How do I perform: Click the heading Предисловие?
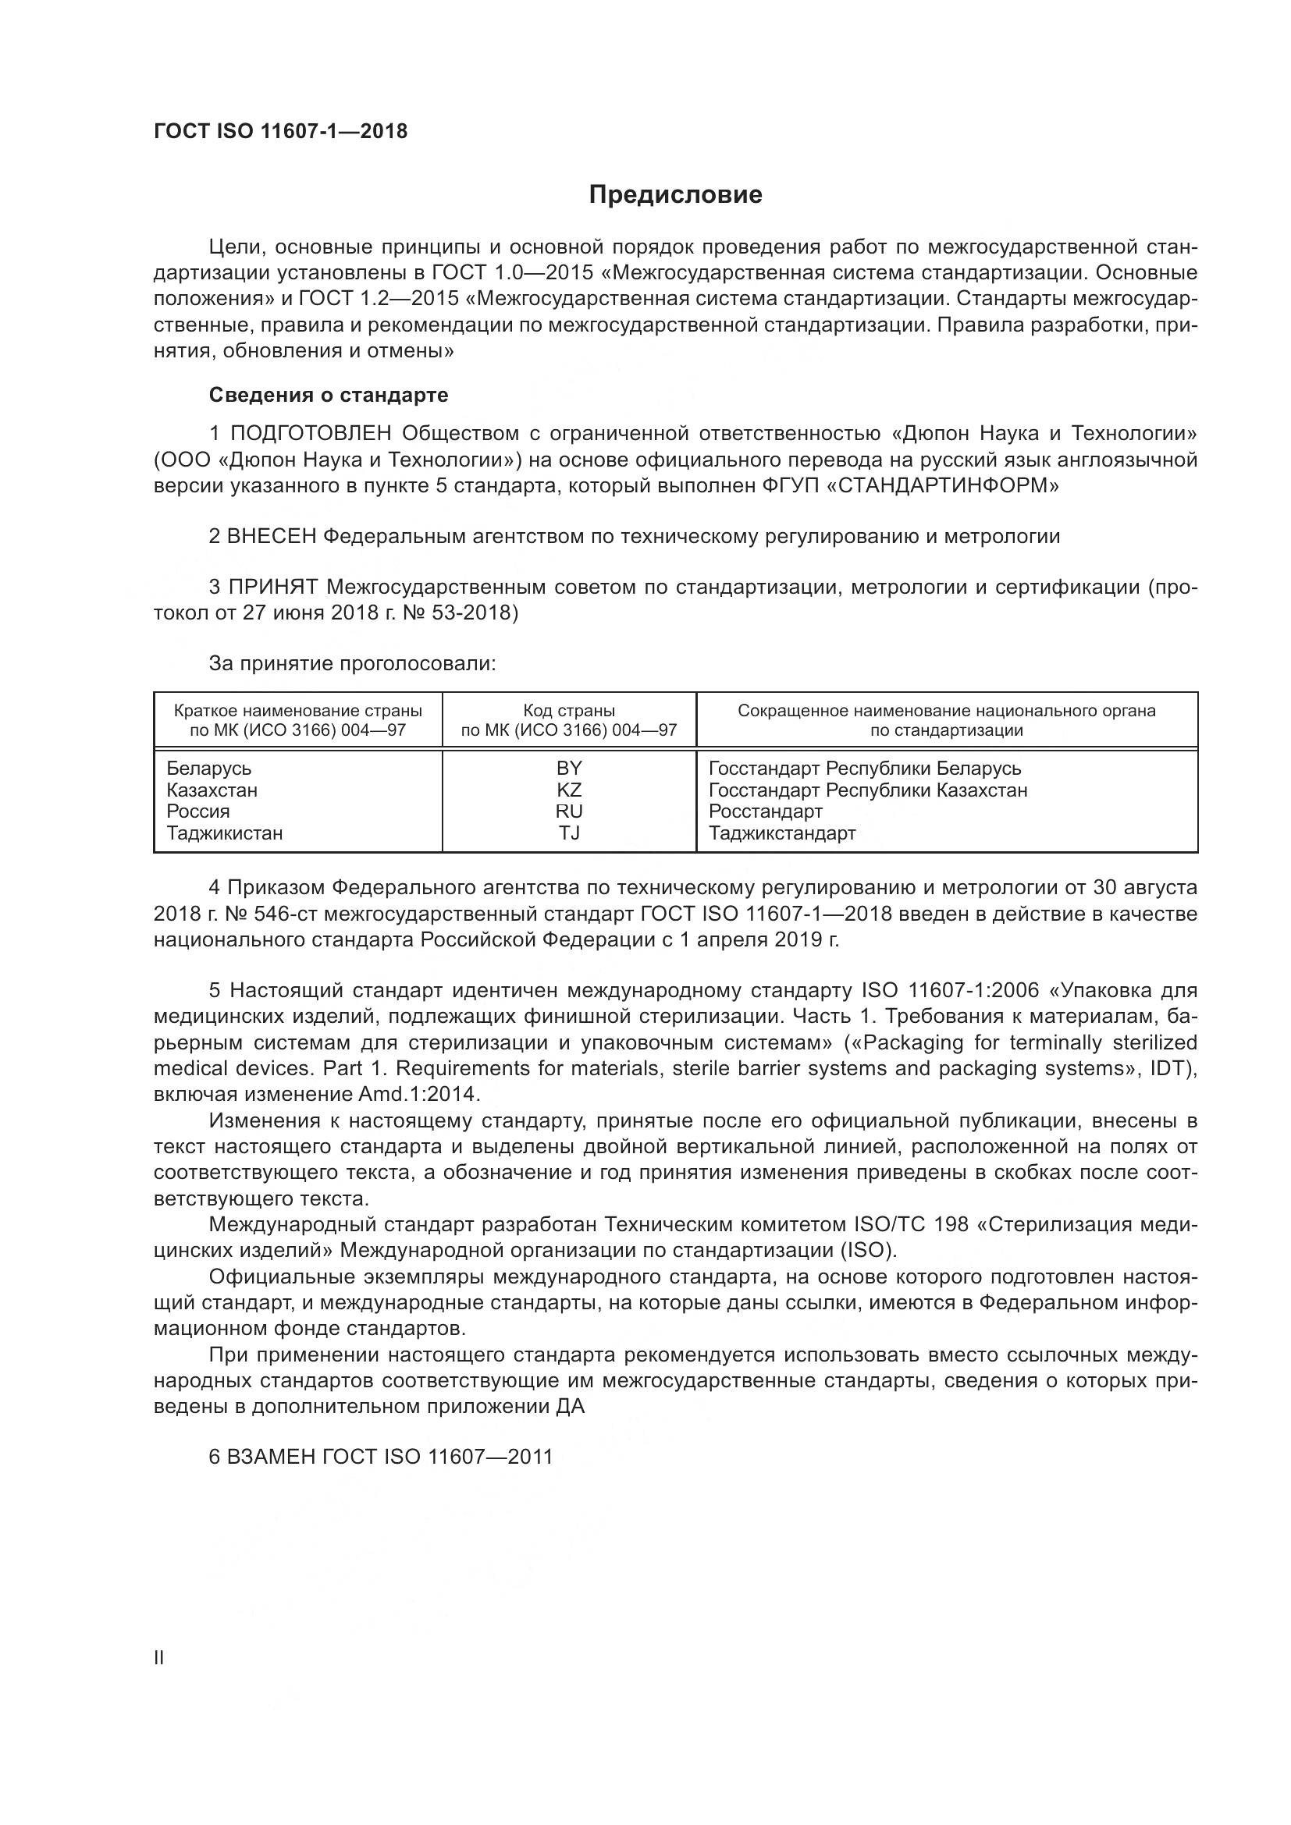(675, 195)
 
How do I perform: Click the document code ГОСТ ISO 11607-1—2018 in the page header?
(280, 131)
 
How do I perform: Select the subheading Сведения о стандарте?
(329, 395)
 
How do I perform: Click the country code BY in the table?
(569, 769)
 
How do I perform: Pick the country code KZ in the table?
(569, 790)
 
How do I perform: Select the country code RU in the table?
(569, 811)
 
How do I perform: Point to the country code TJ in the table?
(569, 833)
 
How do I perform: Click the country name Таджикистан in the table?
(224, 833)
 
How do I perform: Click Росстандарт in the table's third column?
(766, 811)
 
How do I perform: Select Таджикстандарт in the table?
(782, 833)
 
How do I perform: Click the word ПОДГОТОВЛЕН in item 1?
(311, 433)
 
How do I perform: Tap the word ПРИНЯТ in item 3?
(273, 588)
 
